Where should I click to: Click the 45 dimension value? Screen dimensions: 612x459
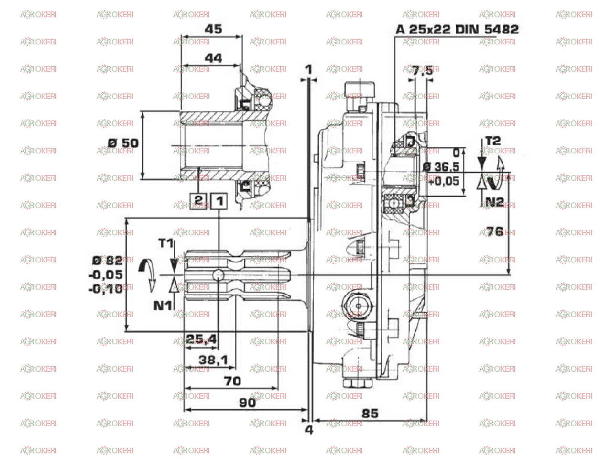213,29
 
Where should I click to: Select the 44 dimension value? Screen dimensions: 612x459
213,58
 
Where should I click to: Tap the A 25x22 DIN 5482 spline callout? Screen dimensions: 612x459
457,29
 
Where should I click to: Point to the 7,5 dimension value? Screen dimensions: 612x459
422,70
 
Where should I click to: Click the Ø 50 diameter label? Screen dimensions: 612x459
123,143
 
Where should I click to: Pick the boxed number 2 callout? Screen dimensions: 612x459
198,201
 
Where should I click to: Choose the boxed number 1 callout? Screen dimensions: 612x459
219,201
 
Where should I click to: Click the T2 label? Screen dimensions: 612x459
493,141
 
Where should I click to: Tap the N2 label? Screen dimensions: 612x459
494,202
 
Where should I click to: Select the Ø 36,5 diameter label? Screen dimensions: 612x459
441,167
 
